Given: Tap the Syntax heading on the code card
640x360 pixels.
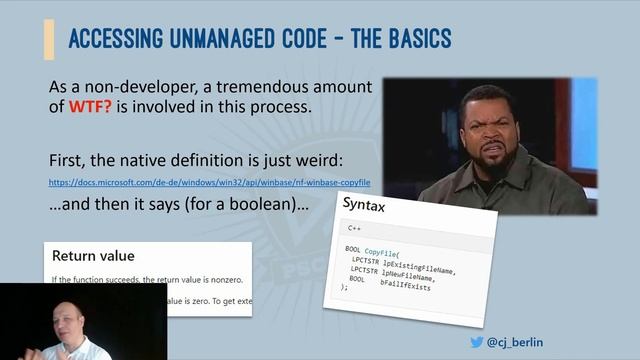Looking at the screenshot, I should (365, 204).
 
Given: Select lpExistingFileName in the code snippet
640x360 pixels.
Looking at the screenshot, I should (420, 266).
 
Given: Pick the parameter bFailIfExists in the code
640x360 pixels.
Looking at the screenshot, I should (405, 286).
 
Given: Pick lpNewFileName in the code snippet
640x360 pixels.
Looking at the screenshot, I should (410, 277).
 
